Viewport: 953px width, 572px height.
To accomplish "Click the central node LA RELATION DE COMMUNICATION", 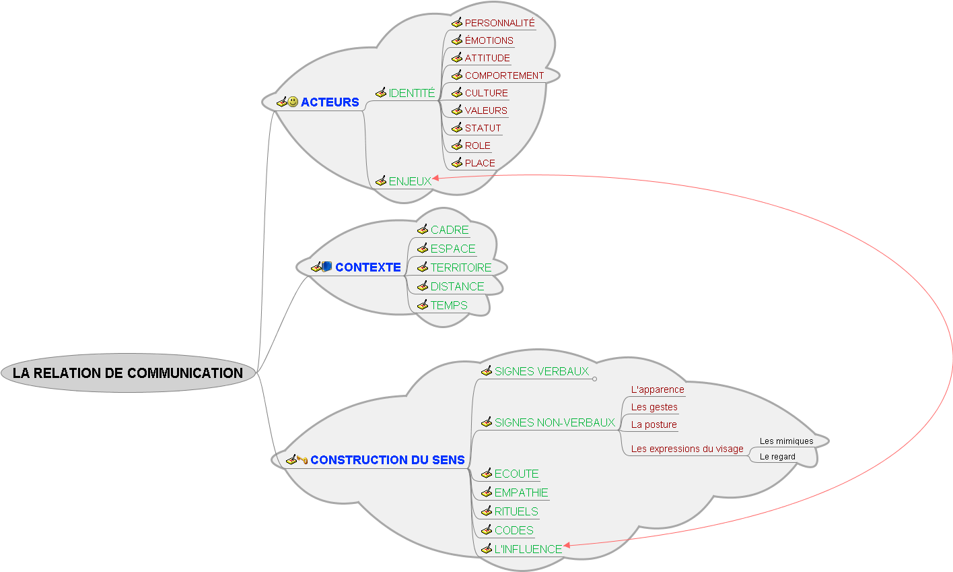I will [128, 373].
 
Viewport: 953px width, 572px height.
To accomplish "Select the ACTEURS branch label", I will [330, 102].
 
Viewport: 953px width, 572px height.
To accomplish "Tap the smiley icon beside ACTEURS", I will [293, 102].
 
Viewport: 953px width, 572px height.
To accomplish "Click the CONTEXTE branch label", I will [367, 267].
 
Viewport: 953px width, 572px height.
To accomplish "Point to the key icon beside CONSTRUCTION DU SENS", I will [303, 460].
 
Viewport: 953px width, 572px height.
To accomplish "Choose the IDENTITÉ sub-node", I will [412, 93].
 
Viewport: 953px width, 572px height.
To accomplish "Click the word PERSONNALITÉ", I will [499, 23].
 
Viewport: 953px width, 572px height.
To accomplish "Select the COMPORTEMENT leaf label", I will [504, 75].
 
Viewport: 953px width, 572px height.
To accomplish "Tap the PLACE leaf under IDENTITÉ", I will [480, 163].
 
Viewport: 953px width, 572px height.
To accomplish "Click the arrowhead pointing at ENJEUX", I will [436, 178].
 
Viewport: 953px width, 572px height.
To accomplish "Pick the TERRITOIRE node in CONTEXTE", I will [461, 267].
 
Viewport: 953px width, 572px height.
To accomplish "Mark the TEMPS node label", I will [449, 305].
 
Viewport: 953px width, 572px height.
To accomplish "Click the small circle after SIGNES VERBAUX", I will [594, 379].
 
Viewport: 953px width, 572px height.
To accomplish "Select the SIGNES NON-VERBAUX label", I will [555, 422].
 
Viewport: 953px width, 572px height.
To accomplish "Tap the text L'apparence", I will [658, 389].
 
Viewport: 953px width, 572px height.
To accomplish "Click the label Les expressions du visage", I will [687, 449].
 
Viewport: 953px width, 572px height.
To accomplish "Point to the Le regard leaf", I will [777, 457].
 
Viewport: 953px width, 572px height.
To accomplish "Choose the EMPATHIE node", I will [521, 492].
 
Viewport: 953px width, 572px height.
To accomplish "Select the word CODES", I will [514, 530].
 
